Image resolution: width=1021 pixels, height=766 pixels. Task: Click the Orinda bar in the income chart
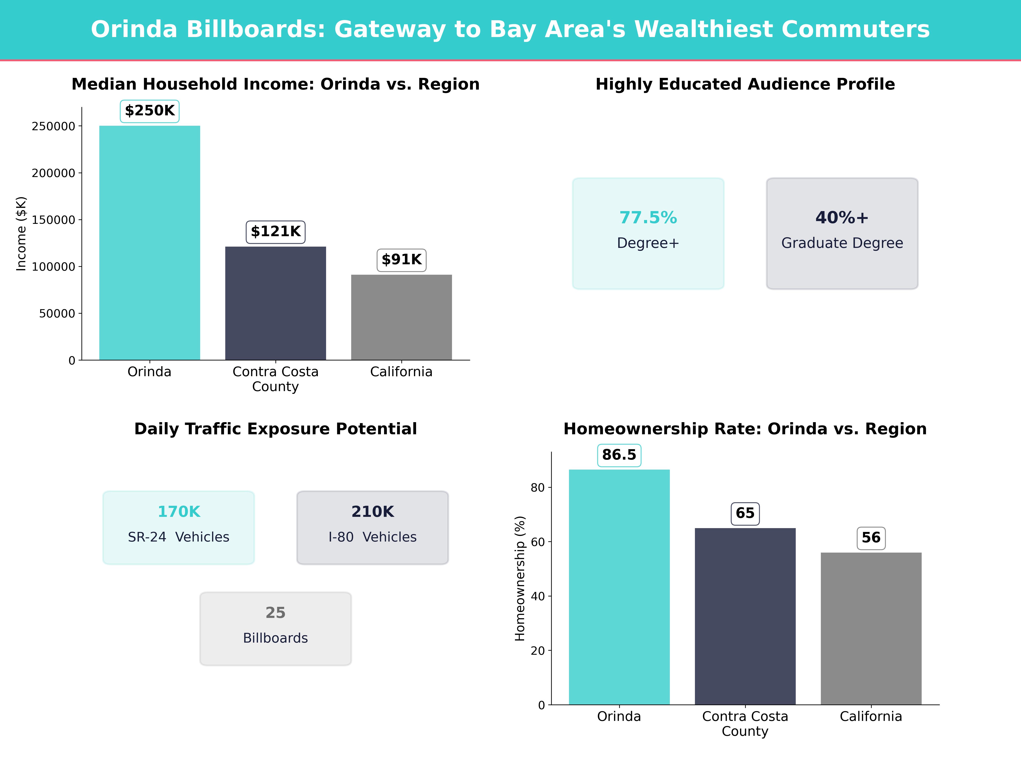pos(150,242)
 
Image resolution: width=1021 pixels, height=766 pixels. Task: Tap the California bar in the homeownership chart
pos(871,628)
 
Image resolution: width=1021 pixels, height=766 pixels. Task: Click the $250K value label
pos(150,111)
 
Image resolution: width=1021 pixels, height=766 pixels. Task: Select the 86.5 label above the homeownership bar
pos(619,455)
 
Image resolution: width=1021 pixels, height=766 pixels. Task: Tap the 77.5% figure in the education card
pos(648,217)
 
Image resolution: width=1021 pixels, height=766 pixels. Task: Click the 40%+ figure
pos(842,217)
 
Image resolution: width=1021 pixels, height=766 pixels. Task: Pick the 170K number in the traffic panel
pos(179,512)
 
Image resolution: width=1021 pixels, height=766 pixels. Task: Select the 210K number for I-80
pos(372,512)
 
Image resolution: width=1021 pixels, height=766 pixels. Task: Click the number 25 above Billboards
pos(275,613)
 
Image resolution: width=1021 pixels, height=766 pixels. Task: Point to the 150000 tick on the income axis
pos(53,220)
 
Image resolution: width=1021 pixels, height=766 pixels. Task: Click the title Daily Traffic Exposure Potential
pos(275,429)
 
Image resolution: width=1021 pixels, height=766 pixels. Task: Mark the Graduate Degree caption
pos(842,243)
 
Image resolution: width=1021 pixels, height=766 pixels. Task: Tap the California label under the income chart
pos(401,372)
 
